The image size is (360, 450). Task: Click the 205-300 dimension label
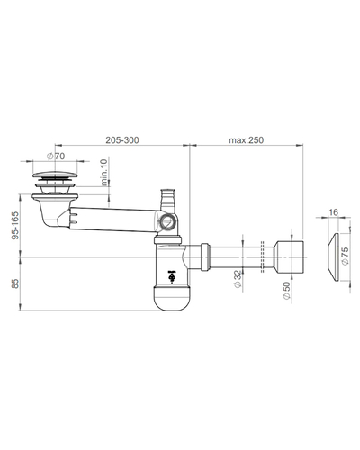(122, 140)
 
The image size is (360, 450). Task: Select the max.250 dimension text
(247, 140)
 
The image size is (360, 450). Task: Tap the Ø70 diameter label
(56, 156)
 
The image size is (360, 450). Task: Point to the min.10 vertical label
(104, 173)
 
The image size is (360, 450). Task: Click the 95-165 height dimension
(15, 226)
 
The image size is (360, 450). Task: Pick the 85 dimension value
(15, 283)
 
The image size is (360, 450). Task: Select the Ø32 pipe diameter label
(238, 279)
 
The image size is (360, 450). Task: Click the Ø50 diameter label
(287, 291)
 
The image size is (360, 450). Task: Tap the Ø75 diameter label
(346, 256)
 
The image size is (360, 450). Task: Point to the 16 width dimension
(333, 212)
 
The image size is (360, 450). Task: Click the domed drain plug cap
(55, 175)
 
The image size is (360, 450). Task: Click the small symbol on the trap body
(172, 277)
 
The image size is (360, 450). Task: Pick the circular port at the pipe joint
(166, 222)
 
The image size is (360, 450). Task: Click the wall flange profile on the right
(334, 257)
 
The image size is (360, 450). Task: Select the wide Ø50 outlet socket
(290, 257)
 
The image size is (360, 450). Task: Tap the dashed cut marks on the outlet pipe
(263, 257)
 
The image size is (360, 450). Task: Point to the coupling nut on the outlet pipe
(205, 257)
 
